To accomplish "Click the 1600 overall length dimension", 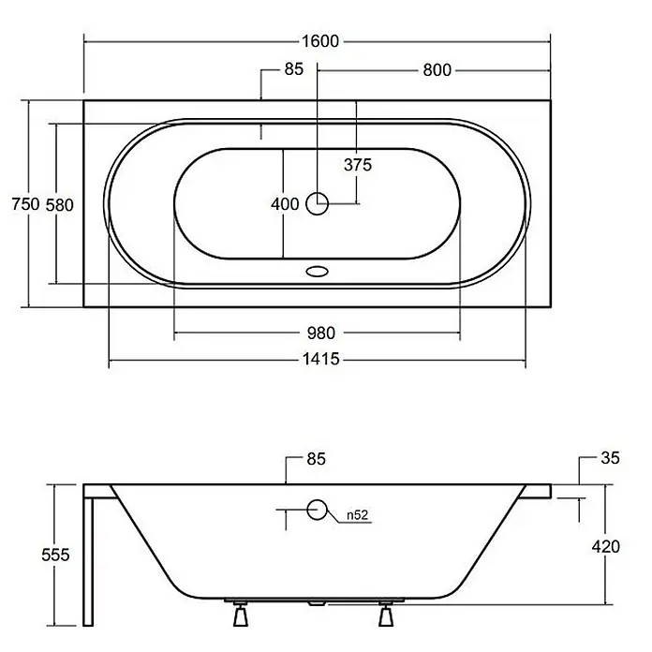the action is pyautogui.click(x=320, y=41).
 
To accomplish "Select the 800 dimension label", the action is pyautogui.click(x=437, y=70).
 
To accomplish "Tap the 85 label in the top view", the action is pyautogui.click(x=294, y=69).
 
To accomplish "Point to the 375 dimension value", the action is pyautogui.click(x=358, y=165).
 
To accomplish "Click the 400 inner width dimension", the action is pyautogui.click(x=285, y=204).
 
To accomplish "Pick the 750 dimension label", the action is pyautogui.click(x=25, y=204).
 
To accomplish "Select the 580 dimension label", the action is pyautogui.click(x=59, y=205).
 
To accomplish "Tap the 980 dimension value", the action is pyautogui.click(x=321, y=333).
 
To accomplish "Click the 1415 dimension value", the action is pyautogui.click(x=320, y=359).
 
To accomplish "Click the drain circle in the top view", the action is pyautogui.click(x=318, y=204).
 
